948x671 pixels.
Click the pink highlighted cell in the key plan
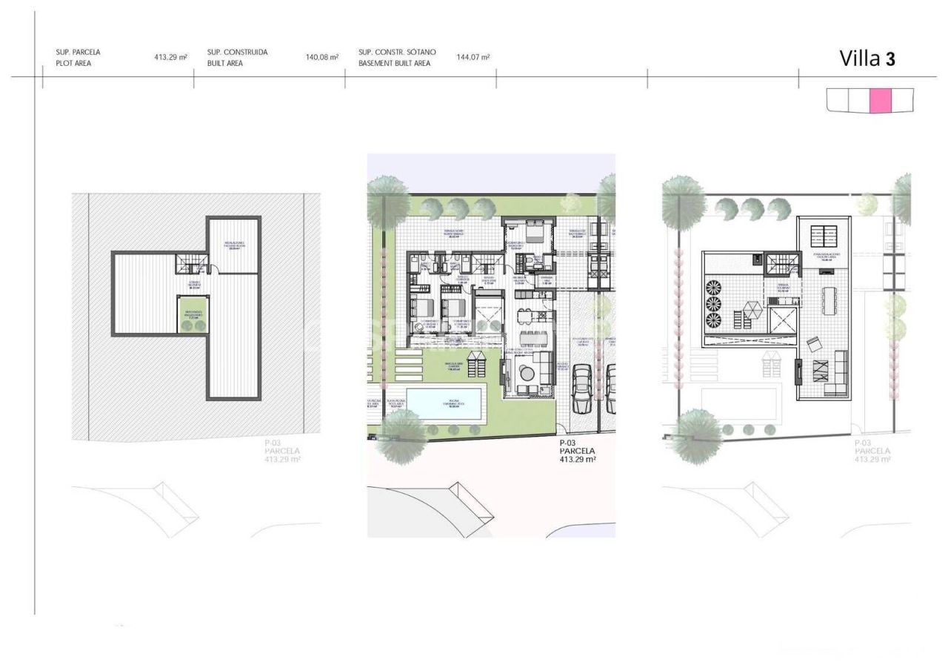(881, 101)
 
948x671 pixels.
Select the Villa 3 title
(867, 59)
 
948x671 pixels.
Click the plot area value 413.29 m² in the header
(170, 57)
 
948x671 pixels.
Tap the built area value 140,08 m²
(322, 57)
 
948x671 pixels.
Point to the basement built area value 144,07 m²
(473, 57)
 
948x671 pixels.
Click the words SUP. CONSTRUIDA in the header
(237, 53)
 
